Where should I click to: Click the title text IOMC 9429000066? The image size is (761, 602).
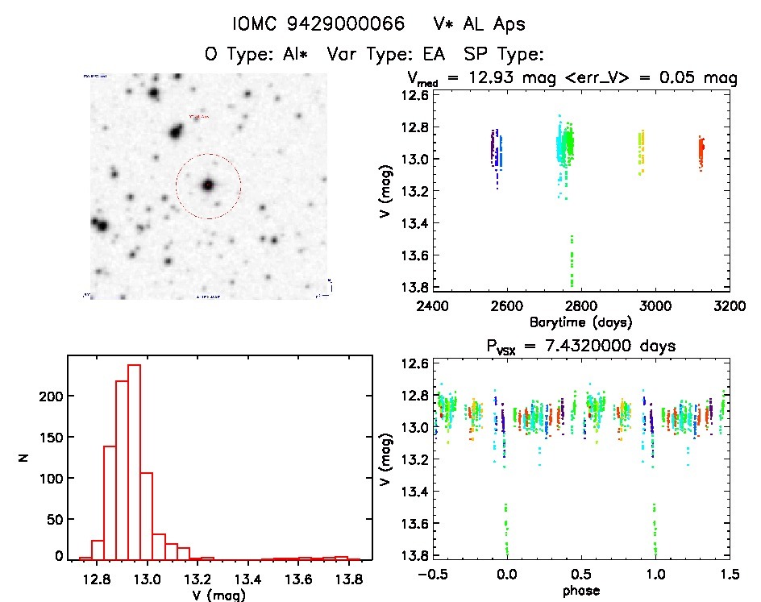click(318, 24)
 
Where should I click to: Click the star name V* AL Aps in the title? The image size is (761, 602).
click(479, 24)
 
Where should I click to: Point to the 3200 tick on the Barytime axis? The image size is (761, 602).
click(730, 306)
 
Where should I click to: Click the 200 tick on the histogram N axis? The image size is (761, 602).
click(51, 396)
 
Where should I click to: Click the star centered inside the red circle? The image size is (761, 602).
click(208, 185)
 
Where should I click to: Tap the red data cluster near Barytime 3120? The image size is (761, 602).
click(701, 152)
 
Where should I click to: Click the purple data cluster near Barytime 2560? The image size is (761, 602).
click(493, 149)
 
